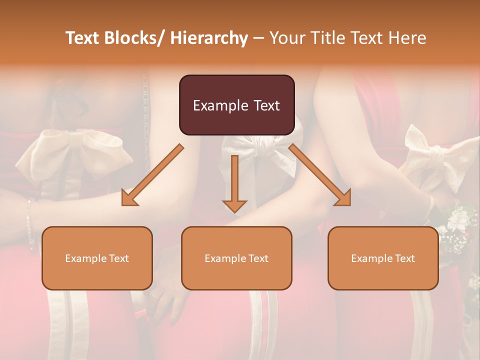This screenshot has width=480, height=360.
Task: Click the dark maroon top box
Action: [x=236, y=105]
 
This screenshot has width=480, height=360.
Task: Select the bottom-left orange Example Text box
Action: [x=97, y=258]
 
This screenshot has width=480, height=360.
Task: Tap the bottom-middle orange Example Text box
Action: [x=236, y=258]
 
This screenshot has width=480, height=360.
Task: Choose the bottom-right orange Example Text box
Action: [x=383, y=258]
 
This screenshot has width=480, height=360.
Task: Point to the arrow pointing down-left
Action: [x=152, y=175]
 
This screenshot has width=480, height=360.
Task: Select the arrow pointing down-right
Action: [x=320, y=175]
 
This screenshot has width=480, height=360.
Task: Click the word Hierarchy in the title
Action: [x=209, y=38]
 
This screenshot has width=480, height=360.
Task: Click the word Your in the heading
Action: [x=286, y=38]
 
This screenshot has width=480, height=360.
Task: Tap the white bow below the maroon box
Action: [x=257, y=150]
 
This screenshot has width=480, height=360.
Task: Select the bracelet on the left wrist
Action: [x=30, y=220]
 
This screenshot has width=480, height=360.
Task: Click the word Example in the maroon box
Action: [x=213, y=105]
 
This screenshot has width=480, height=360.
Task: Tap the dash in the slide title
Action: [x=258, y=38]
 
